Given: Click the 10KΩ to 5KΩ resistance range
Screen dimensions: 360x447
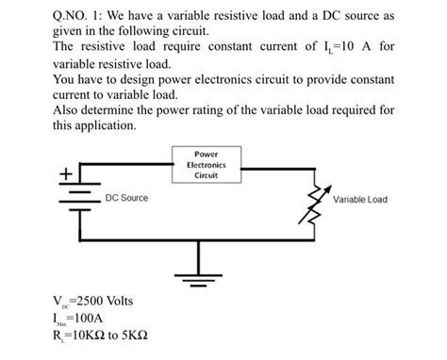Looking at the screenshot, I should pyautogui.click(x=104, y=335).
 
